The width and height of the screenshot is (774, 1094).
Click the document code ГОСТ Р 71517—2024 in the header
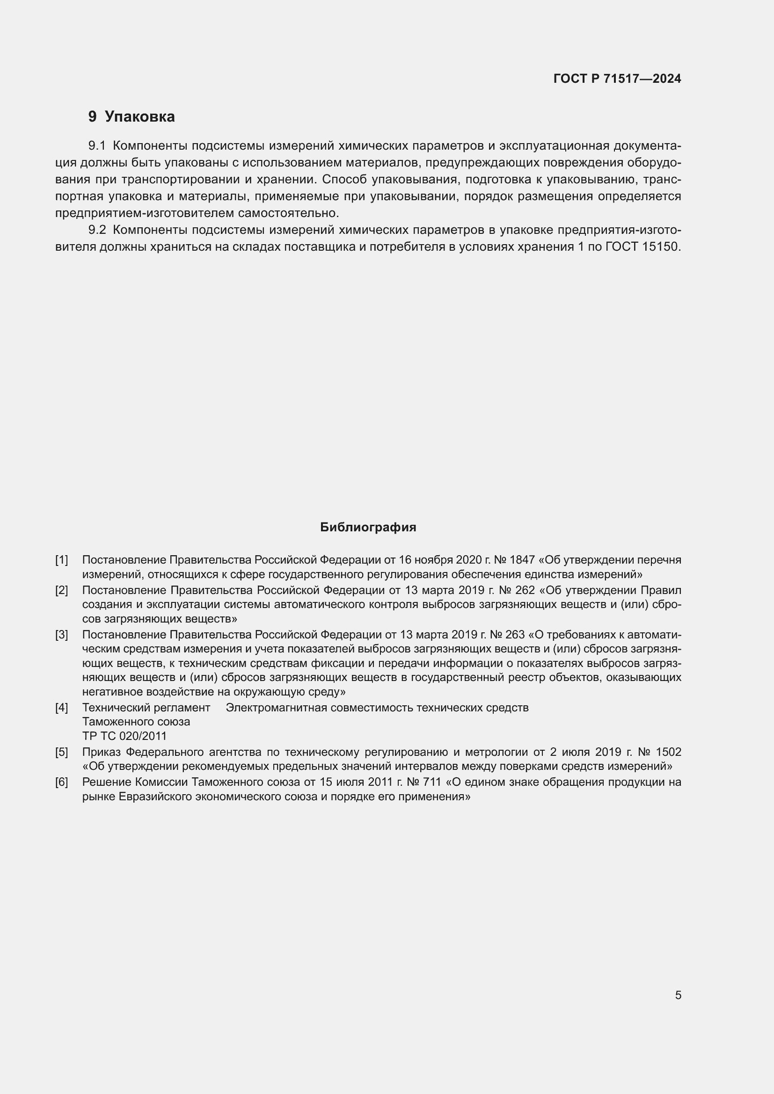click(617, 79)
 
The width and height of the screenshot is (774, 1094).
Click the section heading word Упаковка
click(139, 117)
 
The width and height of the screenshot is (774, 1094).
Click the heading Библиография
click(368, 528)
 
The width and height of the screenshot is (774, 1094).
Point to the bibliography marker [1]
click(61, 560)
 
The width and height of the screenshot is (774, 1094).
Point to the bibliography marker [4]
click(61, 708)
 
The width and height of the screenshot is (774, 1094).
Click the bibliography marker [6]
click(61, 782)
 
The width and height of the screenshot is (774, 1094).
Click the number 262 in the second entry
click(525, 590)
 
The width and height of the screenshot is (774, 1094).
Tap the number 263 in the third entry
click(515, 635)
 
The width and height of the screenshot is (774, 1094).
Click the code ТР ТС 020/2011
click(124, 736)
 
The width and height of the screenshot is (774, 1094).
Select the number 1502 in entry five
click(668, 753)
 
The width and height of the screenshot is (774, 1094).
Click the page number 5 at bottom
click(678, 995)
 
